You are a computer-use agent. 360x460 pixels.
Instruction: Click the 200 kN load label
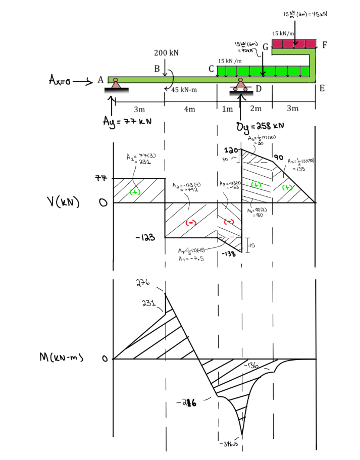click(x=166, y=53)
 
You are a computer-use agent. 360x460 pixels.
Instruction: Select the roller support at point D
click(x=241, y=86)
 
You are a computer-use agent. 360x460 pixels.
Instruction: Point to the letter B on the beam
click(x=157, y=68)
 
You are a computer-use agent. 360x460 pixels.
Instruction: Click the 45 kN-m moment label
click(x=184, y=90)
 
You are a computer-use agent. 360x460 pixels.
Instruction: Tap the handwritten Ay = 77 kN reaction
click(x=128, y=122)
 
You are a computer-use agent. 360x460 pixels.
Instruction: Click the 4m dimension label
click(x=190, y=109)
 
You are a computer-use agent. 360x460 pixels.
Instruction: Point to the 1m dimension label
click(x=228, y=109)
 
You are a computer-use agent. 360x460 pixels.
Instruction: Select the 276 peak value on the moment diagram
click(x=144, y=283)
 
